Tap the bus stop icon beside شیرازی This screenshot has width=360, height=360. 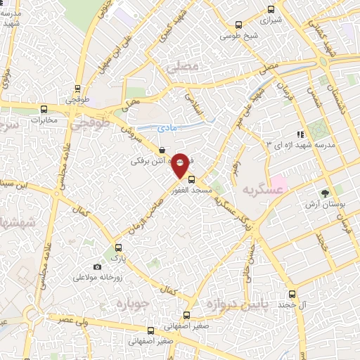(x=272, y=10)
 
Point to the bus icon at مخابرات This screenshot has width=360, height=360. (x=44, y=109)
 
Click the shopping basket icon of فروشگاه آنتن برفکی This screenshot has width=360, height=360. (x=162, y=150)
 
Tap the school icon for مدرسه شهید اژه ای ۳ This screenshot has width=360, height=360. (x=300, y=134)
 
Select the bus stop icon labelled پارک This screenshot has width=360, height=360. (x=117, y=247)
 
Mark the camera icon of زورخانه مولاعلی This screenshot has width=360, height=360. (x=97, y=266)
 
